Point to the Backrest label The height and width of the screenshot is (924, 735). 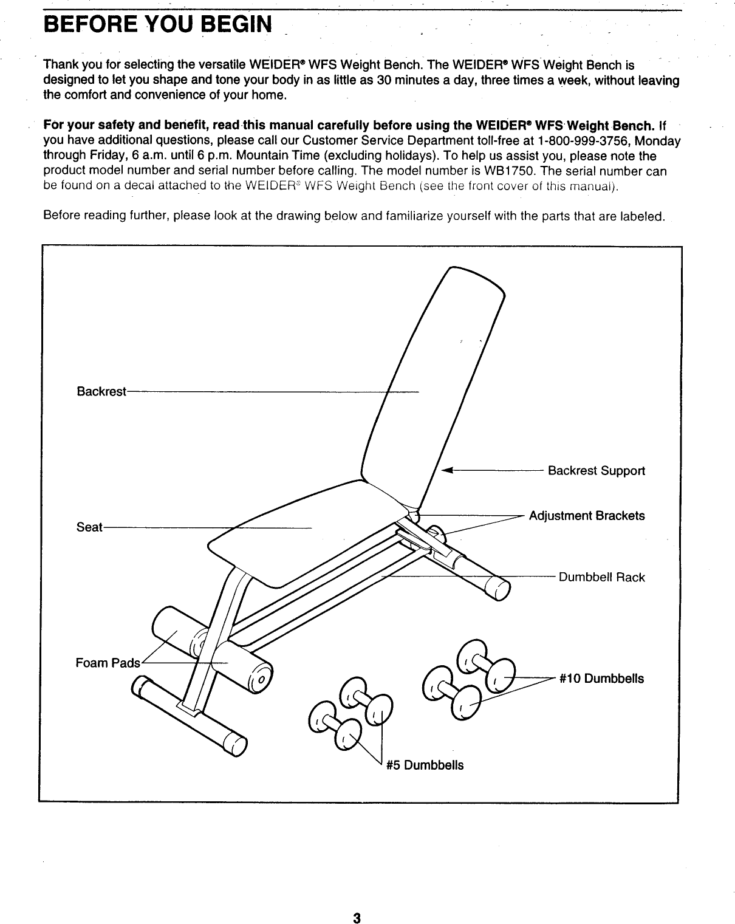[101, 391]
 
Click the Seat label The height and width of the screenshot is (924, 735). [89, 527]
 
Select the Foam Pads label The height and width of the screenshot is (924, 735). [107, 663]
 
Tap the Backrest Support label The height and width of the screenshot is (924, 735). [596, 471]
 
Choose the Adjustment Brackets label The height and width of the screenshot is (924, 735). [586, 516]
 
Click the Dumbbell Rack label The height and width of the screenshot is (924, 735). [601, 577]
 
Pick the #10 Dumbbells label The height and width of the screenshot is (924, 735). [601, 678]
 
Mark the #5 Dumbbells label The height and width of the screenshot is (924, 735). [425, 765]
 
